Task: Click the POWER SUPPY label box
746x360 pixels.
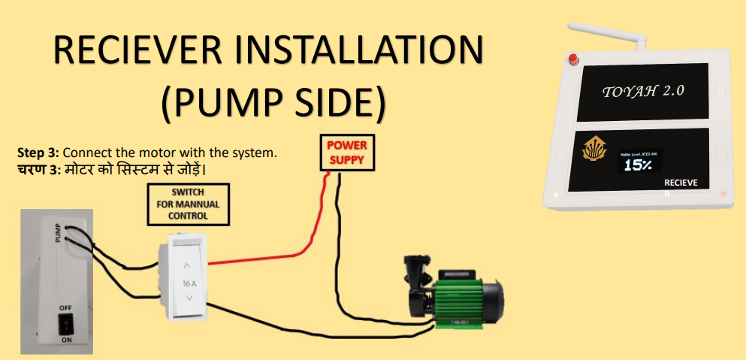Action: coord(346,153)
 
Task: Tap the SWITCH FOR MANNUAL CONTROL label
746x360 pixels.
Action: coord(187,204)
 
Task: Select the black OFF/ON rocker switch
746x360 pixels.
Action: coord(67,325)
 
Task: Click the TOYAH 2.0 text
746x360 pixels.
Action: coord(643,91)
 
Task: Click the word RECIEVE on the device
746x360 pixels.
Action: coord(681,183)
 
